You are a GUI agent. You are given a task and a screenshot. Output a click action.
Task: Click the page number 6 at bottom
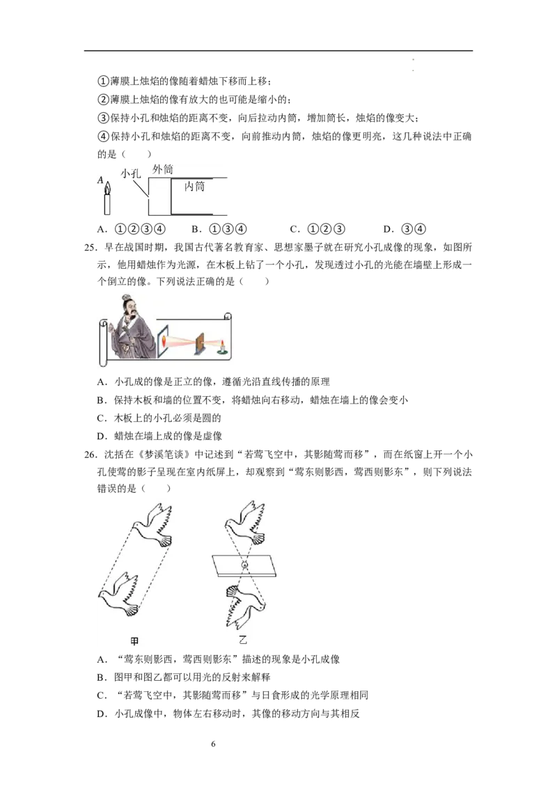pyautogui.click(x=214, y=743)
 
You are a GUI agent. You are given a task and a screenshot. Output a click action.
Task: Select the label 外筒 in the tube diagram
pyautogui.click(x=162, y=169)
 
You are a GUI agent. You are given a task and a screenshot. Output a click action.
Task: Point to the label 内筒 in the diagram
pyautogui.click(x=194, y=187)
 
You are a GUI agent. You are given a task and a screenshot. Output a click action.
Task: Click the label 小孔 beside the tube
pyautogui.click(x=131, y=174)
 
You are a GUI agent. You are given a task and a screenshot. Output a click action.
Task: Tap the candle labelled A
pyautogui.click(x=107, y=199)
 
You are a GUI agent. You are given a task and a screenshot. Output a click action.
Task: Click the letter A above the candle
pyautogui.click(x=100, y=180)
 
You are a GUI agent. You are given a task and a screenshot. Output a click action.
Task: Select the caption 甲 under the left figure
pyautogui.click(x=134, y=641)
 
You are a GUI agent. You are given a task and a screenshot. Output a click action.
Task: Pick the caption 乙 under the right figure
pyautogui.click(x=243, y=640)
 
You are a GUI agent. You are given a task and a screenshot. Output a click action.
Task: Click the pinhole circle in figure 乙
pyautogui.click(x=245, y=565)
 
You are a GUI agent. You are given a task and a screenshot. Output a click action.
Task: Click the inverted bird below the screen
pyautogui.click(x=245, y=606)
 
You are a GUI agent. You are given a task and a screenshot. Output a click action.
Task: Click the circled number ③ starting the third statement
pyautogui.click(x=103, y=118)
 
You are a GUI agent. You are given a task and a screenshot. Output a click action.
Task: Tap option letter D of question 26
pyautogui.click(x=102, y=714)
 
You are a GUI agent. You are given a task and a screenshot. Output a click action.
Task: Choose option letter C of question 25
pyautogui.click(x=102, y=418)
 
